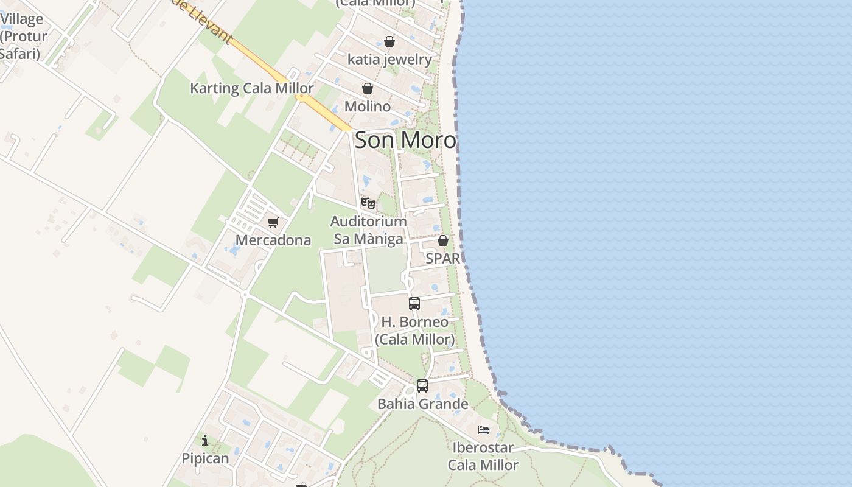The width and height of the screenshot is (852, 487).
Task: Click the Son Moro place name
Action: tap(405, 141)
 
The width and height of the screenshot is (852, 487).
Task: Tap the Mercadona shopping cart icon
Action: tap(273, 223)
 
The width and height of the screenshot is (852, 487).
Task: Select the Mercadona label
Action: tap(273, 240)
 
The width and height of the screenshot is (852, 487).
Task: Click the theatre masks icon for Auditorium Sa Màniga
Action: tap(368, 203)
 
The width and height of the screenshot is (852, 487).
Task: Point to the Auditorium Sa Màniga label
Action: tap(368, 230)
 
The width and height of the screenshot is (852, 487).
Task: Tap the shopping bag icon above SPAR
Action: tap(443, 240)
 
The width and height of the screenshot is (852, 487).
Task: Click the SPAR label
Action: tap(443, 258)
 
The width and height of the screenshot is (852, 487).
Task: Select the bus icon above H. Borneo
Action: tap(414, 304)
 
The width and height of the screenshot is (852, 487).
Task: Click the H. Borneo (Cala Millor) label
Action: tap(415, 331)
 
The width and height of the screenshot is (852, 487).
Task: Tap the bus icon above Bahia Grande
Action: tap(422, 386)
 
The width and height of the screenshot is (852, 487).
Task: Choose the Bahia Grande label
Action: tap(423, 404)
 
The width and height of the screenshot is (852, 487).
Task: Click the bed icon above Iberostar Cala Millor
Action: tap(483, 430)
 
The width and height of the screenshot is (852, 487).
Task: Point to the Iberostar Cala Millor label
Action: tap(483, 457)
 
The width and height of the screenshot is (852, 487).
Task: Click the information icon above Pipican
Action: tap(205, 440)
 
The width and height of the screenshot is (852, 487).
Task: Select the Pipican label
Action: tap(206, 458)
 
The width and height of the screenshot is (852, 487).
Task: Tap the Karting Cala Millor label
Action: tap(252, 88)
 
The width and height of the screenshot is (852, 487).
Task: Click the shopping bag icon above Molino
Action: tap(368, 89)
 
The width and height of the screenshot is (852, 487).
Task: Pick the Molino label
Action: tap(368, 107)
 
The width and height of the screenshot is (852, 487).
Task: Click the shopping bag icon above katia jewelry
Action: tap(389, 41)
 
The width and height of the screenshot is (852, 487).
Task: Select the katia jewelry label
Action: tap(389, 60)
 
